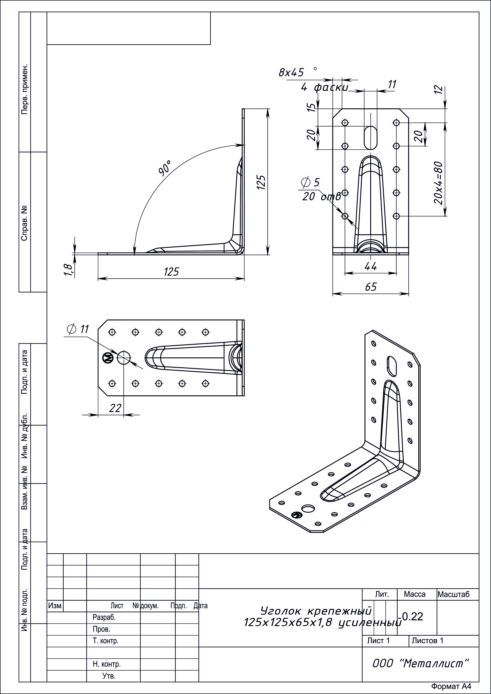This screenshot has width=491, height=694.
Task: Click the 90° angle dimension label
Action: (x=165, y=168)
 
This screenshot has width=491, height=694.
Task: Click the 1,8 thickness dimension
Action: (x=68, y=269)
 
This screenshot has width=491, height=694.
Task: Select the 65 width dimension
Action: (x=371, y=287)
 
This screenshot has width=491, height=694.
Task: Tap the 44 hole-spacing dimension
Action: (x=371, y=266)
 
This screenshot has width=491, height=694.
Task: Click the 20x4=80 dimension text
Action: (x=439, y=183)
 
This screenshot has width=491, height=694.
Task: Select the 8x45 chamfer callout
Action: (x=291, y=73)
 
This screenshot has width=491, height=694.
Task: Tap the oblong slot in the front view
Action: (x=371, y=138)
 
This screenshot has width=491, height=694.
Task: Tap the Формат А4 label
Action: (x=451, y=686)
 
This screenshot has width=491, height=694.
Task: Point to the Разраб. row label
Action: (x=104, y=618)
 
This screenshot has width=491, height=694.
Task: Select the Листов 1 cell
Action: (x=428, y=640)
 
